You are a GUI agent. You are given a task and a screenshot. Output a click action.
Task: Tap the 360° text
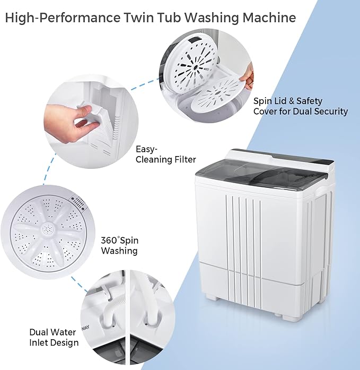[x=112, y=240]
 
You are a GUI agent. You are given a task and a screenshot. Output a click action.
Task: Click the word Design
[x=64, y=342]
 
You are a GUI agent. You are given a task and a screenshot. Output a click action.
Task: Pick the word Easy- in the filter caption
[x=147, y=149]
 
